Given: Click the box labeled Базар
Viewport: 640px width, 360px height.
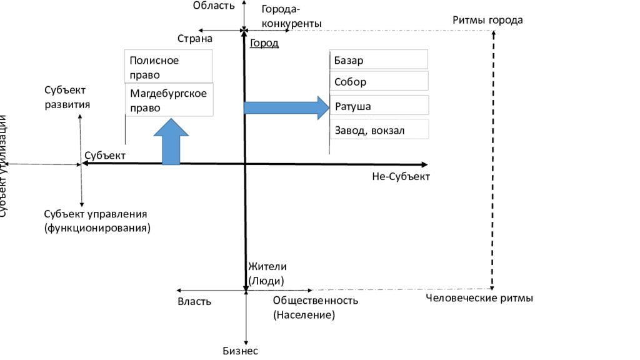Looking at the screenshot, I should tap(378, 60).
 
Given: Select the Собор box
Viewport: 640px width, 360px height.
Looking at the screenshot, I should tap(378, 81).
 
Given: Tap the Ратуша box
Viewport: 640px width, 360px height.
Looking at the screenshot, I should tap(378, 106).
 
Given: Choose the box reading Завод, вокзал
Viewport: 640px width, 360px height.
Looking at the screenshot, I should tap(378, 130).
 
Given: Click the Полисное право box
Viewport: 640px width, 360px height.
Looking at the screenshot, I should tap(168, 67).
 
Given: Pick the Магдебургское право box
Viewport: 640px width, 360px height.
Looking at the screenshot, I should tap(168, 100).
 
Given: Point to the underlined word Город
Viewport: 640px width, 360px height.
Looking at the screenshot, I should tap(264, 44).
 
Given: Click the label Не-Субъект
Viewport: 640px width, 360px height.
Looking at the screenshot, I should tap(401, 177).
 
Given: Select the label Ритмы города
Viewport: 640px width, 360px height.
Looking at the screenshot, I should tap(487, 20).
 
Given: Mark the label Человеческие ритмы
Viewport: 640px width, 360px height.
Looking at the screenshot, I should tap(479, 298).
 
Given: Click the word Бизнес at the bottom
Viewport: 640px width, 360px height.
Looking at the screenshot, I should tap(240, 351).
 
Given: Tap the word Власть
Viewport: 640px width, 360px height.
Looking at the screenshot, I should tap(194, 301).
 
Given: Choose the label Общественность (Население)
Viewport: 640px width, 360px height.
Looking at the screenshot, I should tap(315, 307).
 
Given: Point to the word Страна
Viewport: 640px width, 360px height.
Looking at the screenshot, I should tap(195, 39).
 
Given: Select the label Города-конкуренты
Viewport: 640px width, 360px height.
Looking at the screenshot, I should tap(291, 16).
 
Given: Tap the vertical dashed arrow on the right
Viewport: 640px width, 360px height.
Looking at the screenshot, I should tap(494, 159).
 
